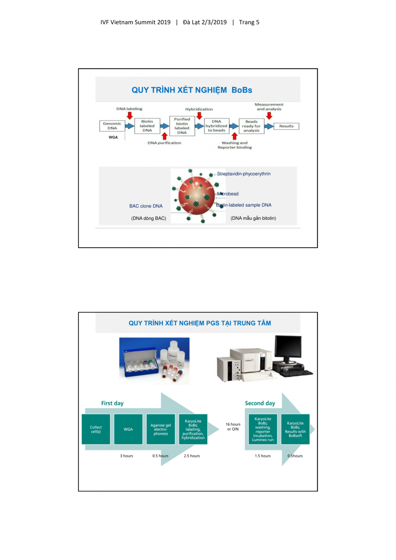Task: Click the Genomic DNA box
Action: tap(113, 126)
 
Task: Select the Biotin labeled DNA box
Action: tap(147, 126)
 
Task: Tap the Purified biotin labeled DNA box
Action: tap(182, 126)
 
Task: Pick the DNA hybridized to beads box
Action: tap(217, 126)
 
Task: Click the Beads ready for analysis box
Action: tap(251, 126)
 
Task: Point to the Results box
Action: tap(286, 126)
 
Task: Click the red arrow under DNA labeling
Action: tap(130, 115)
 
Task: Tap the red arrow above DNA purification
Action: tap(164, 136)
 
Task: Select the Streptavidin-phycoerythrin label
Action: tap(244, 174)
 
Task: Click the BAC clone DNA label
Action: tap(146, 206)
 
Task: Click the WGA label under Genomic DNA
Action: tap(113, 138)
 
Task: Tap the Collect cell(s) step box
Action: tap(96, 429)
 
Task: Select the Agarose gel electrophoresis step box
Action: tap(161, 429)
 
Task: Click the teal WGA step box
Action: tap(128, 429)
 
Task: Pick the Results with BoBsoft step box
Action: tap(295, 429)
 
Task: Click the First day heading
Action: tap(113, 403)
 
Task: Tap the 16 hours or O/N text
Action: tap(233, 427)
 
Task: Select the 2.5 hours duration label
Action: tap(192, 456)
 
